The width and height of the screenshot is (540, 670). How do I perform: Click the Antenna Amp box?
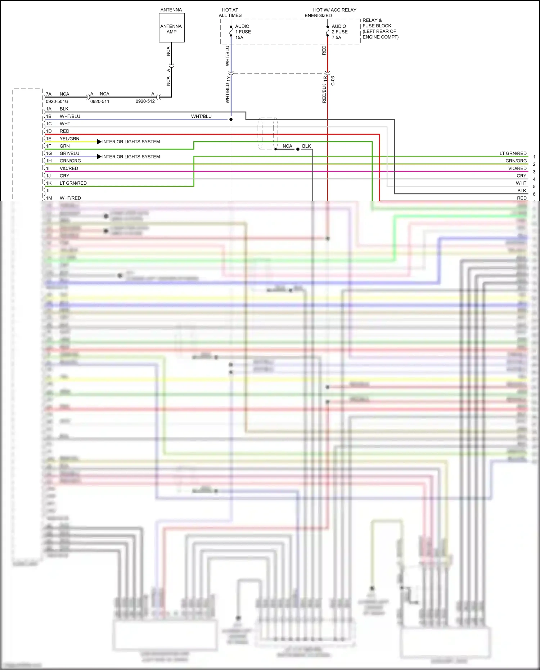click(171, 28)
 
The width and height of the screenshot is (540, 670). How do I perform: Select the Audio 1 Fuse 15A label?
click(243, 32)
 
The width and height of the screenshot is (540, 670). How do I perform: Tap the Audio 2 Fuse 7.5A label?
click(339, 32)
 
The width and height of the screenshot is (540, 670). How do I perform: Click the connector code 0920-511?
click(100, 102)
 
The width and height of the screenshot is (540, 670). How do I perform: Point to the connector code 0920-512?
click(145, 102)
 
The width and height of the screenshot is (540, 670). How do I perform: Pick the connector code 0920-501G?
click(57, 102)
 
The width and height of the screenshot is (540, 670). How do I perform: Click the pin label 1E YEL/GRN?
click(63, 139)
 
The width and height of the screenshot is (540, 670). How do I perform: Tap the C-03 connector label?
click(333, 81)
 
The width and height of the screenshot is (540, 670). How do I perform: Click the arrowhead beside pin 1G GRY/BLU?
click(99, 157)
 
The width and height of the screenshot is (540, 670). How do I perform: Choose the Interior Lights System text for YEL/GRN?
click(131, 142)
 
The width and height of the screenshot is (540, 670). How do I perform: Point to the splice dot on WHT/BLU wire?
click(231, 120)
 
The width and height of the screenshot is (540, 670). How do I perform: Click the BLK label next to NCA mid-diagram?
click(306, 146)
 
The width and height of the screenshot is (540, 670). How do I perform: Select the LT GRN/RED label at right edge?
click(513, 153)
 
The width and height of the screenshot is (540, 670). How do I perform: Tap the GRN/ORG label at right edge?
click(516, 161)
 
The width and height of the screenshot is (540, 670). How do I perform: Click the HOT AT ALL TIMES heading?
click(230, 13)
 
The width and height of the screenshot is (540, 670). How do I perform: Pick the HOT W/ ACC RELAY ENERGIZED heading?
click(330, 13)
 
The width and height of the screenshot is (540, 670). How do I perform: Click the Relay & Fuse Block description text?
click(380, 28)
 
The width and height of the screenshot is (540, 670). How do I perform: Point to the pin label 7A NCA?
click(58, 94)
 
